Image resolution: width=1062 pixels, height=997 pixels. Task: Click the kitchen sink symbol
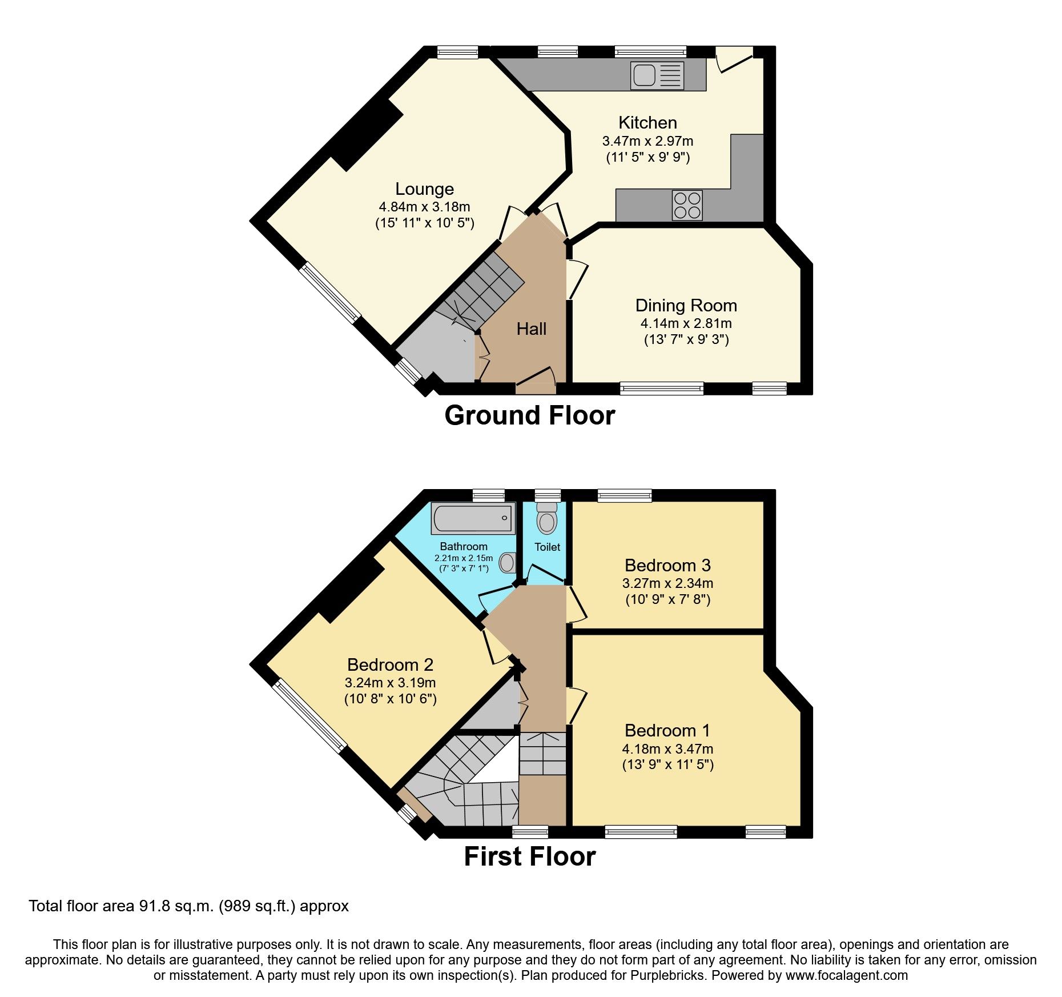[x=657, y=75]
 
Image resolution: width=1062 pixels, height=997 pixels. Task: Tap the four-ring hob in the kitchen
[x=687, y=205]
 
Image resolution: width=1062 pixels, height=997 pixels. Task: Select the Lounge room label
[x=424, y=189]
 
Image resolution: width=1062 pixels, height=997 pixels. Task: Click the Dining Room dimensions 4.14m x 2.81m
[x=686, y=323]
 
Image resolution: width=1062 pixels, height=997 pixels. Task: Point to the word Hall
[x=531, y=329]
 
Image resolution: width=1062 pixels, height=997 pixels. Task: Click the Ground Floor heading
[x=529, y=415]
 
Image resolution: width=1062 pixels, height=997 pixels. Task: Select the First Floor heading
[x=529, y=856]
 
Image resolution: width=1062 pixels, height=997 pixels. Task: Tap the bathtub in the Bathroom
[x=473, y=518]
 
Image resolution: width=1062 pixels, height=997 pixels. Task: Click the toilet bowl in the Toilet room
[x=547, y=520]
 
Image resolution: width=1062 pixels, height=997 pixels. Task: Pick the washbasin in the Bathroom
[x=507, y=563]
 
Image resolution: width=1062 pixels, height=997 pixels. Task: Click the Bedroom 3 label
[x=667, y=566]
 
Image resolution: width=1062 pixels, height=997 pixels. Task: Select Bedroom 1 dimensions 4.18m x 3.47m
[x=667, y=749]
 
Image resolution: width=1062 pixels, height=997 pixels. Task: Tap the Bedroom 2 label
[x=390, y=665]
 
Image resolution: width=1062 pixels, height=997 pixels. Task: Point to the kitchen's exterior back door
[x=734, y=59]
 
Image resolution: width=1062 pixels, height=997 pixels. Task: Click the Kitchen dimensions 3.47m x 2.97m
[x=647, y=141]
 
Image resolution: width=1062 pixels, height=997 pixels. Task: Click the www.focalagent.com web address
[x=846, y=975]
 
